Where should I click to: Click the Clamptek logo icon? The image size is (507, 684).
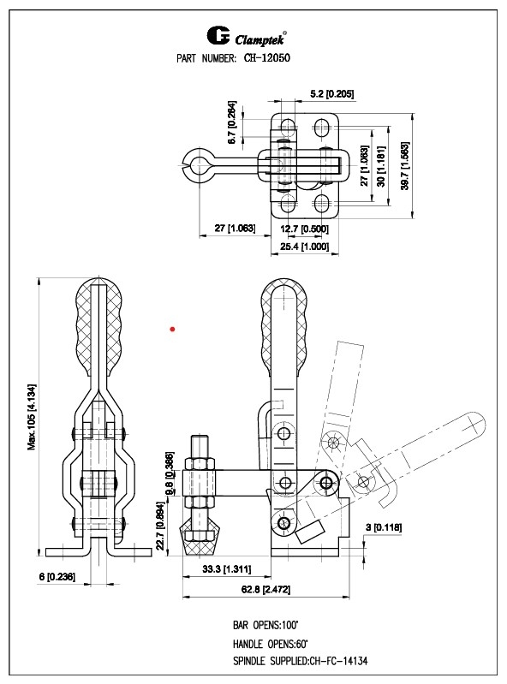point(218,36)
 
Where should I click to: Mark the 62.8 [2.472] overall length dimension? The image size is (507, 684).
point(264,590)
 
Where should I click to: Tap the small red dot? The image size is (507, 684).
point(172,328)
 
